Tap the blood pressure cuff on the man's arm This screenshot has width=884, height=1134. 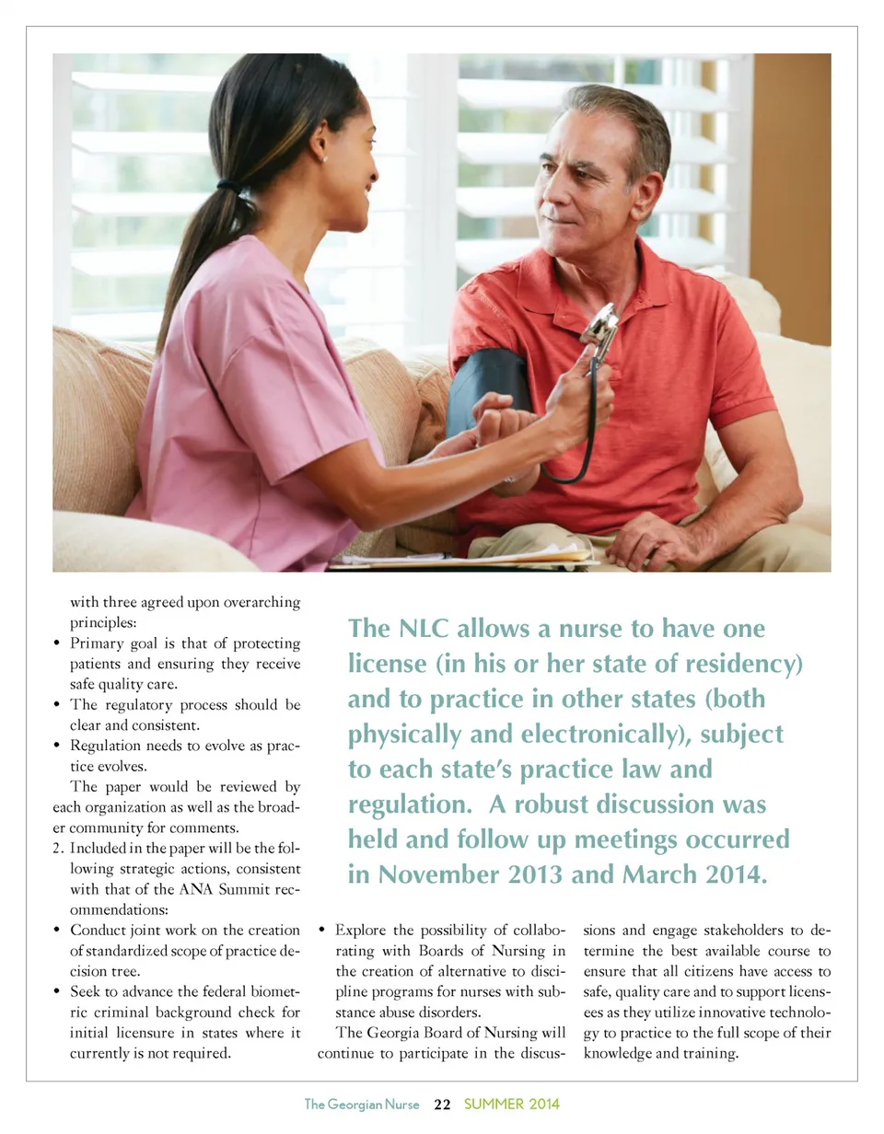click(489, 387)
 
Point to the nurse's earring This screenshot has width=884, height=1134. click(322, 158)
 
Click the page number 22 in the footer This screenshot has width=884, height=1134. click(442, 1104)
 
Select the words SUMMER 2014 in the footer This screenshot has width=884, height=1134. click(512, 1104)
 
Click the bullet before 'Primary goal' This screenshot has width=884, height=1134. click(60, 642)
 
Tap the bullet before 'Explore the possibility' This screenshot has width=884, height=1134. click(324, 931)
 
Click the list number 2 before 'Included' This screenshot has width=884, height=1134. click(58, 847)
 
